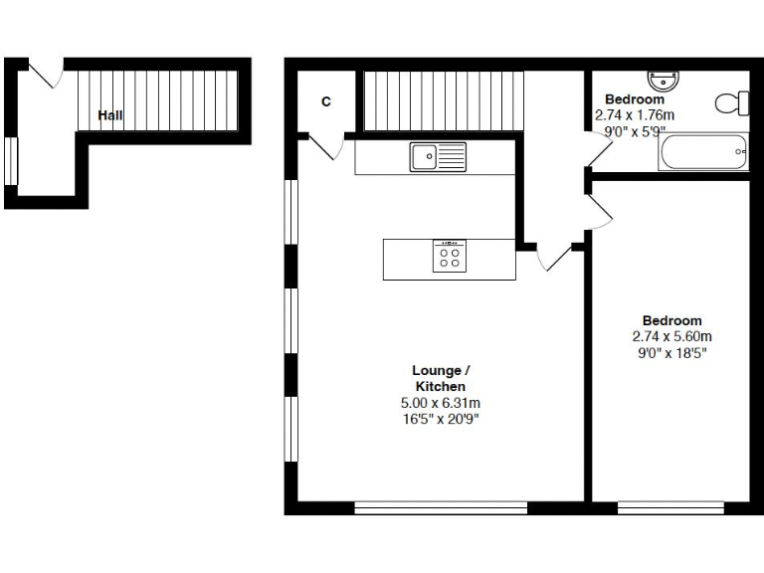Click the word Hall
[110, 116]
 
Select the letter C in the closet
[325, 101]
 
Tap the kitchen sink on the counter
[438, 156]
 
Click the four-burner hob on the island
[449, 257]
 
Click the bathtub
[705, 153]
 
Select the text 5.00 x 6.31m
[440, 403]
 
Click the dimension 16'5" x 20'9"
[440, 419]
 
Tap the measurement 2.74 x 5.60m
[672, 336]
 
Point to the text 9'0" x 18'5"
[672, 352]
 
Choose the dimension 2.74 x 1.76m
[635, 115]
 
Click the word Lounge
[436, 371]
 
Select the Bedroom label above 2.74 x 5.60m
[672, 320]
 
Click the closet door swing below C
[324, 146]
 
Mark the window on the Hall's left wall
[11, 161]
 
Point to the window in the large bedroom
[670, 507]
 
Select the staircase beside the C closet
[442, 99]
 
